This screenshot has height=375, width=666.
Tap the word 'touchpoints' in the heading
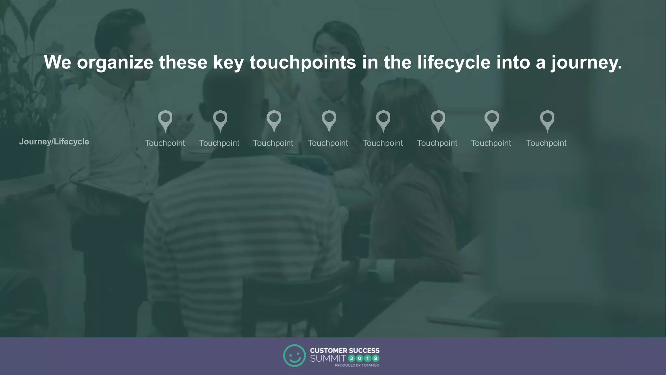pyautogui.click(x=303, y=62)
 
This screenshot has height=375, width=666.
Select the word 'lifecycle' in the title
pyautogui.click(x=454, y=62)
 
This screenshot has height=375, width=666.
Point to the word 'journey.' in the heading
pyautogui.click(x=586, y=62)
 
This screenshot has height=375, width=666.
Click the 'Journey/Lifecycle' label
pyautogui.click(x=54, y=142)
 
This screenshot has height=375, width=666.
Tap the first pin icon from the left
pyautogui.click(x=165, y=120)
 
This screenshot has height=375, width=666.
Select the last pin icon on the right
pyautogui.click(x=547, y=120)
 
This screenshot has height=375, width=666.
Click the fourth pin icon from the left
pyautogui.click(x=329, y=120)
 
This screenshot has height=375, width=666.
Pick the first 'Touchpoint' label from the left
pyautogui.click(x=165, y=143)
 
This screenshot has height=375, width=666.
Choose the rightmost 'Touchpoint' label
pyautogui.click(x=546, y=143)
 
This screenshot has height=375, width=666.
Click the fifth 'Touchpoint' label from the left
pyautogui.click(x=383, y=143)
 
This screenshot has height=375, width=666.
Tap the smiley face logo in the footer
pyautogui.click(x=294, y=355)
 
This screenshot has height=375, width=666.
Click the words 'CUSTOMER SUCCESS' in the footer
pyautogui.click(x=344, y=351)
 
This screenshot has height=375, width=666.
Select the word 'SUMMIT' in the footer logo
pyautogui.click(x=328, y=358)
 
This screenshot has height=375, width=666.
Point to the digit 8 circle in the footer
pyautogui.click(x=376, y=358)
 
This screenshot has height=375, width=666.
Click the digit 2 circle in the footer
pyautogui.click(x=352, y=358)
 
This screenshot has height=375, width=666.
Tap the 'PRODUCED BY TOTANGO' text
pyautogui.click(x=357, y=365)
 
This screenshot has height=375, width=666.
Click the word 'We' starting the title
pyautogui.click(x=58, y=62)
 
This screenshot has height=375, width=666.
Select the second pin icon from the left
pyautogui.click(x=220, y=120)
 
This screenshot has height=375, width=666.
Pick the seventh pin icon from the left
pyautogui.click(x=492, y=120)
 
